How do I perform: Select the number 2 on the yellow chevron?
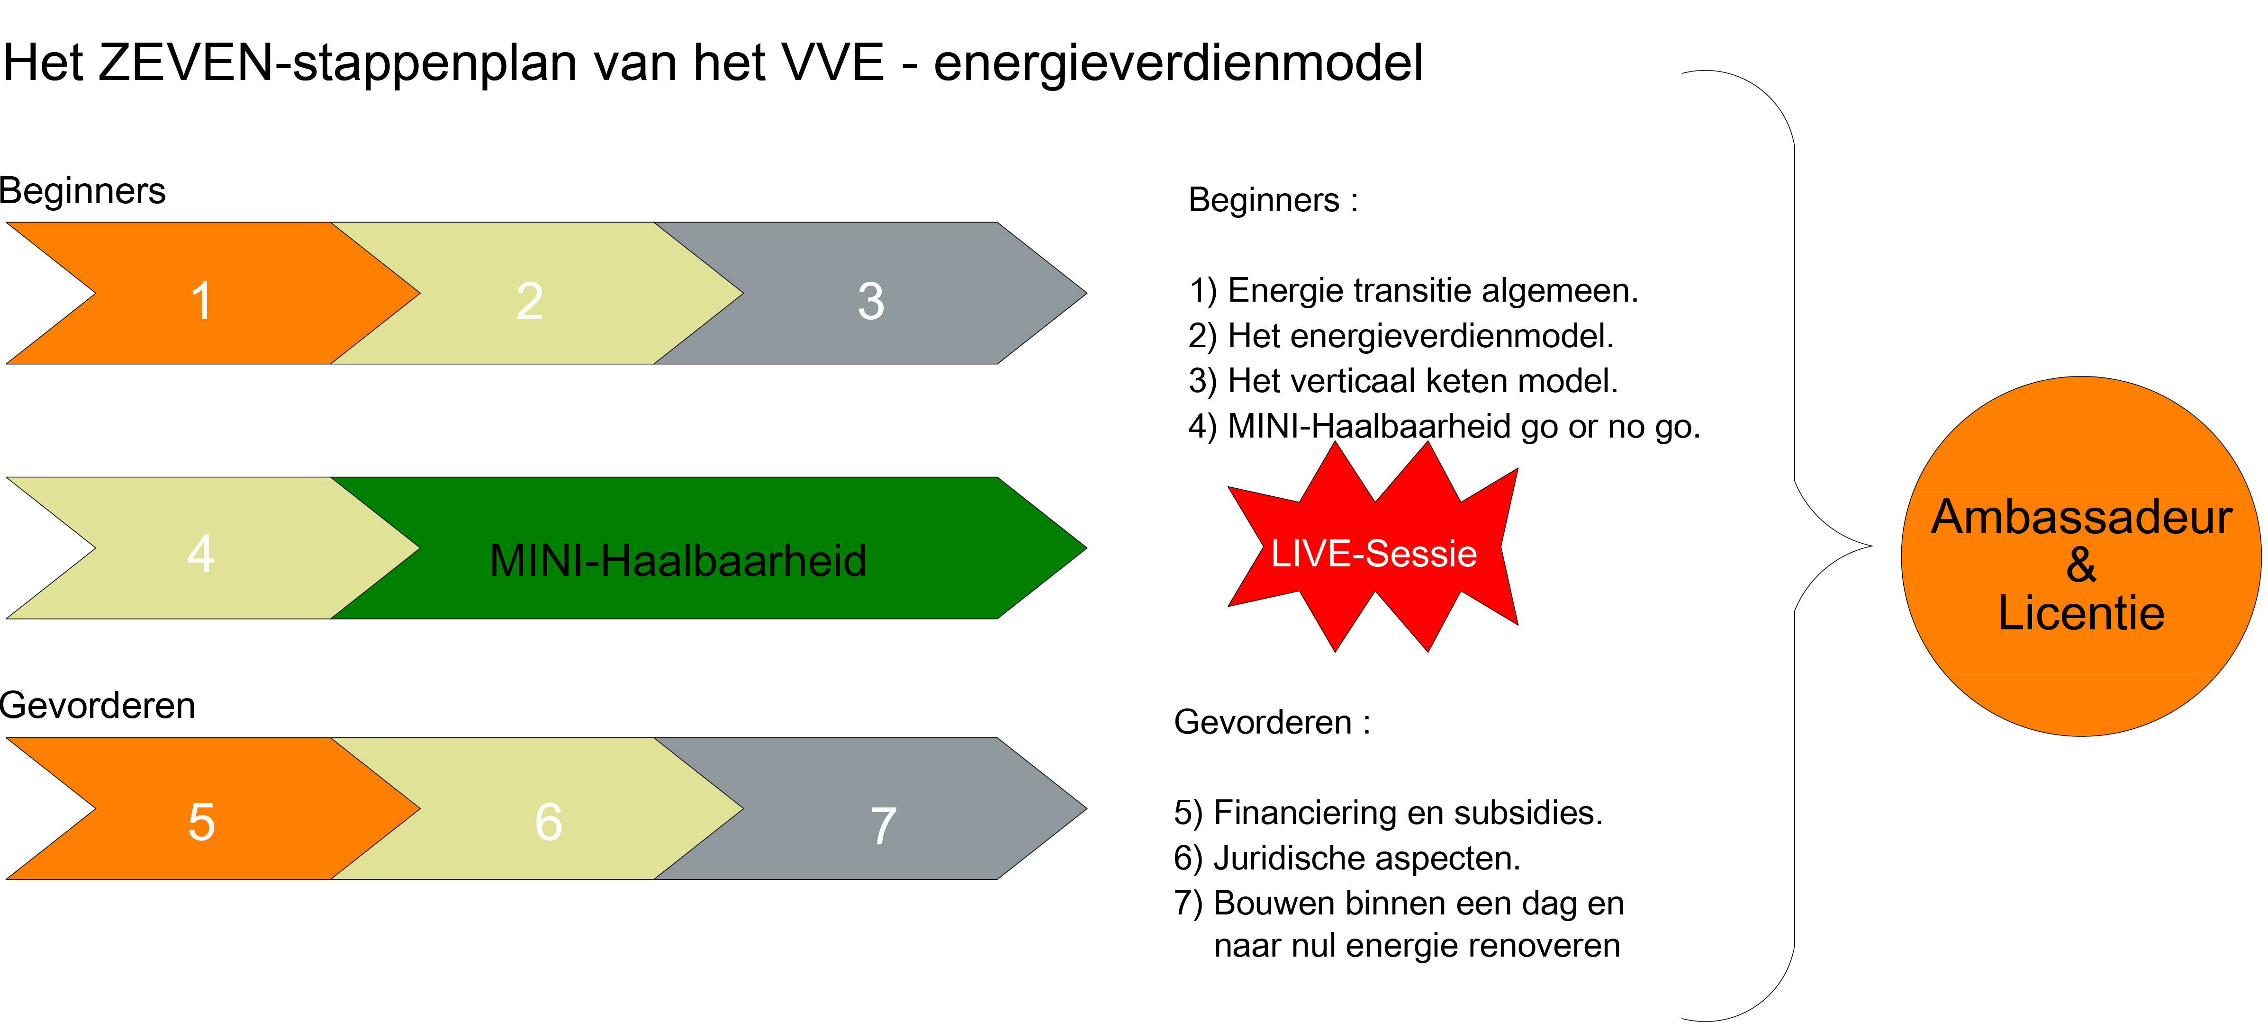tap(529, 301)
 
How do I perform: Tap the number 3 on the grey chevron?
tap(871, 301)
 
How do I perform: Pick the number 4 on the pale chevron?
tap(201, 553)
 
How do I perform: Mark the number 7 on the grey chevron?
tap(883, 826)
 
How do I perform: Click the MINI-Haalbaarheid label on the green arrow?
tap(678, 560)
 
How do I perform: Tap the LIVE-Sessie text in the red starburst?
tap(1373, 553)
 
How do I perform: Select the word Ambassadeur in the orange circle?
tap(2081, 517)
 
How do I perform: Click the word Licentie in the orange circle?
tap(2081, 613)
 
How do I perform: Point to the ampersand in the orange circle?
tap(2081, 564)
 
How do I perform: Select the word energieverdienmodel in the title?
tap(1178, 63)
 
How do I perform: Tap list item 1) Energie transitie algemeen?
tap(1413, 290)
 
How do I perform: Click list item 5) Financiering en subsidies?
tap(1389, 813)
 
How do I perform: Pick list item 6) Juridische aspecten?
tap(1347, 858)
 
